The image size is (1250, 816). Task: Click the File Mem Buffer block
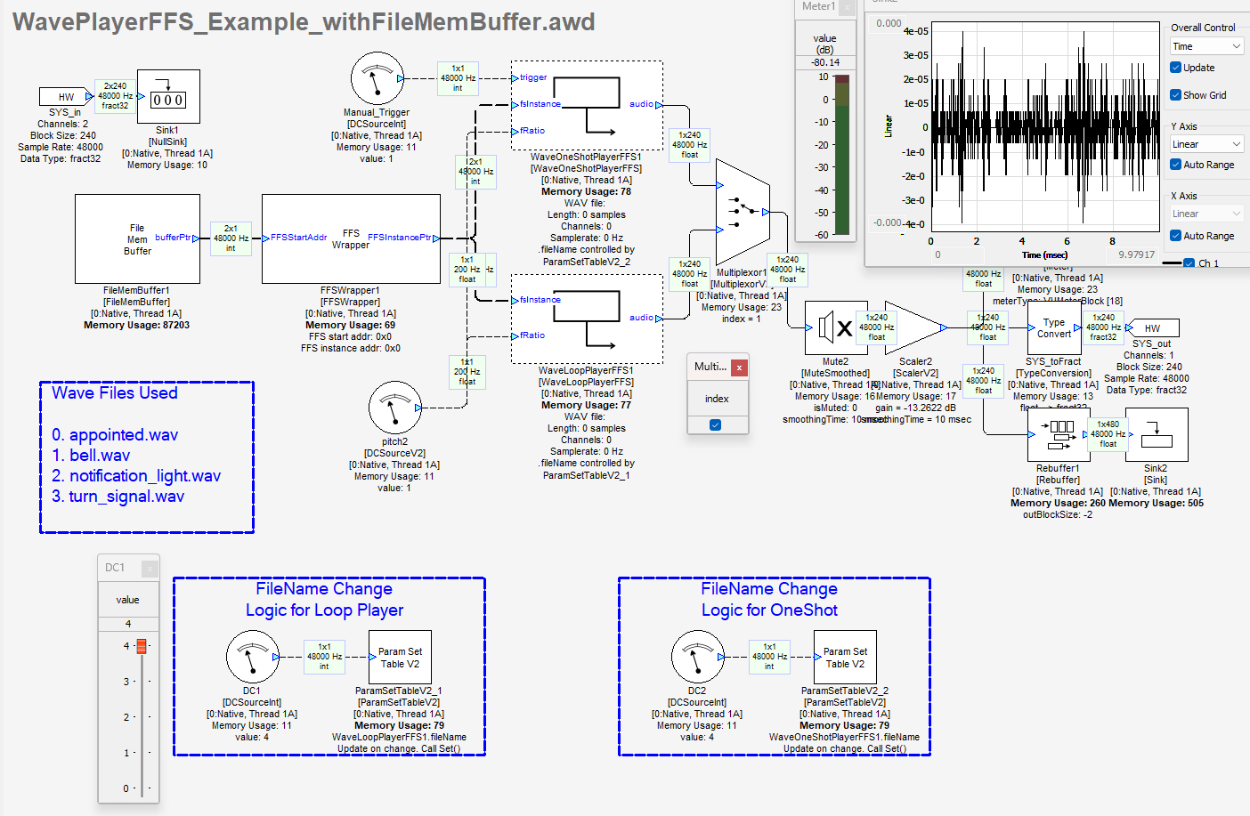(137, 239)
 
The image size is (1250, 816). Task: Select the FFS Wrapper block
(351, 239)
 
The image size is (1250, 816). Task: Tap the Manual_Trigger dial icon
(377, 78)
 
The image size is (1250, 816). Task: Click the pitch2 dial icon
(394, 408)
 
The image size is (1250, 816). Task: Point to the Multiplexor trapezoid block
(743, 212)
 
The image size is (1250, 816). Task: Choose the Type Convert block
(1054, 328)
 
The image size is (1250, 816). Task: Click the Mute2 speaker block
(835, 328)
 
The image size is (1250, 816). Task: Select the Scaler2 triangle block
(913, 328)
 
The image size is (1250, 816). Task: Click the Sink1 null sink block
(168, 97)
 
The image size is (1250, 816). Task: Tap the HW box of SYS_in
(66, 97)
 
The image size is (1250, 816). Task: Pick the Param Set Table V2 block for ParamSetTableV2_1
(400, 658)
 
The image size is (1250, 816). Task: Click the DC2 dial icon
(698, 657)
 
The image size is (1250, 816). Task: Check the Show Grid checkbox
(1176, 95)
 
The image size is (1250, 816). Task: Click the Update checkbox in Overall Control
(1176, 68)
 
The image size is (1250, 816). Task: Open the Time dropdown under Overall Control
(1206, 46)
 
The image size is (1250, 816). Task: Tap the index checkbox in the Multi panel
(715, 425)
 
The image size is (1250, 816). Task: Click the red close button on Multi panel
(739, 367)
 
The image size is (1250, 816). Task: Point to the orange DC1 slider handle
(141, 646)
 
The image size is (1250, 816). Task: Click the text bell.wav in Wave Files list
(100, 456)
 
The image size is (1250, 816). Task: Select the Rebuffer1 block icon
(1054, 435)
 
